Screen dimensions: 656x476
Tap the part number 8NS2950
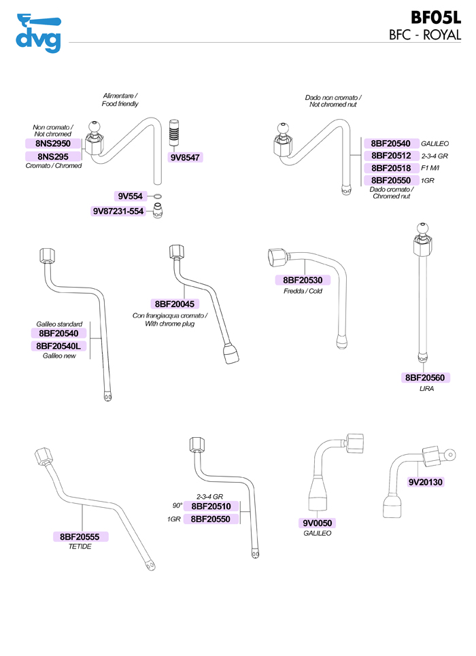(54, 143)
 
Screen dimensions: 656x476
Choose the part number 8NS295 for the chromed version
(53, 156)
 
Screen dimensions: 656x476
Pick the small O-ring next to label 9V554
(157, 197)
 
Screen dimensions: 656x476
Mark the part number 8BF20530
(303, 280)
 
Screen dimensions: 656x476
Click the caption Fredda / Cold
(303, 291)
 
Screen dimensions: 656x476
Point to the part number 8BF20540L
(59, 346)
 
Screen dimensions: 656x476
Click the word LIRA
(426, 389)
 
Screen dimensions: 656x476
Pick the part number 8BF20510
(210, 506)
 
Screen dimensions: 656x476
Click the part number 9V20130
(426, 482)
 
